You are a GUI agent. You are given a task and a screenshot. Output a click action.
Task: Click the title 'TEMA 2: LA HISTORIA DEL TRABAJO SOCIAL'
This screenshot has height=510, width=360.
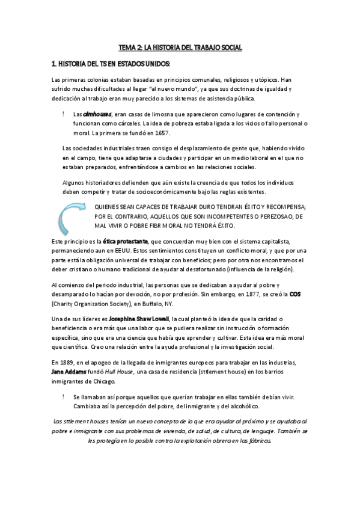click(x=180, y=46)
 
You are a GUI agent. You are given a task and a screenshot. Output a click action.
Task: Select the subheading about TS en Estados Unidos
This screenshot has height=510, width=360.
click(x=111, y=64)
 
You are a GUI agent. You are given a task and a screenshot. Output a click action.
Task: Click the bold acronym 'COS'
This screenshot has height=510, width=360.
click(x=295, y=295)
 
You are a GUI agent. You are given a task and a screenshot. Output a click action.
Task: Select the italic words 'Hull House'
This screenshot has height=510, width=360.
click(x=120, y=372)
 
